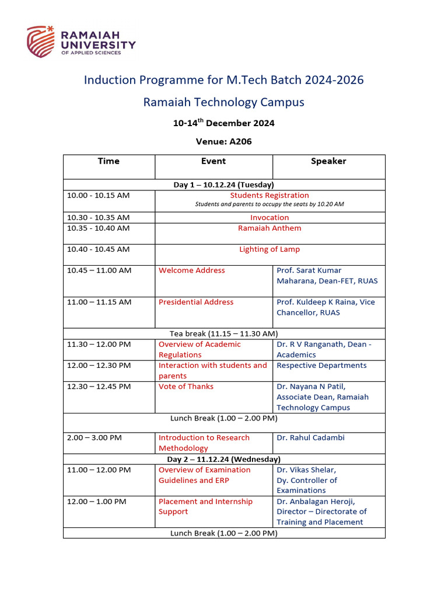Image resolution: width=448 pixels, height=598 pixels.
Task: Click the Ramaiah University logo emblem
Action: tap(41, 41)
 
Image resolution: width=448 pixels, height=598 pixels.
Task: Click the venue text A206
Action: tap(240, 141)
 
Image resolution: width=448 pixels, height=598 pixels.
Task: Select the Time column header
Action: tap(108, 161)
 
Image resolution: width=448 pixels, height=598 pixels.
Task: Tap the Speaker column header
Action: tap(328, 161)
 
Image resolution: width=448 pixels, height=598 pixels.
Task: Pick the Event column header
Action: tap(213, 161)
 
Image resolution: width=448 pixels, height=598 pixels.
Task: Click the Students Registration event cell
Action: tap(269, 196)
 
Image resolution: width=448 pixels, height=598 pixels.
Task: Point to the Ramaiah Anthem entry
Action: tap(269, 228)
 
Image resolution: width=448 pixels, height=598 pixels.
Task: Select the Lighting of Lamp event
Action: tap(269, 249)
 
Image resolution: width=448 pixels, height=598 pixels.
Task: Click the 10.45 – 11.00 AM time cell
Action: tap(99, 270)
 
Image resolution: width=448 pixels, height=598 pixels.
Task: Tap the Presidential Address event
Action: tap(196, 302)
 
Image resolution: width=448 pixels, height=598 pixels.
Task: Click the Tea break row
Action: tap(223, 333)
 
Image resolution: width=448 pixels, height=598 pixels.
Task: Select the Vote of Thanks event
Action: tap(186, 387)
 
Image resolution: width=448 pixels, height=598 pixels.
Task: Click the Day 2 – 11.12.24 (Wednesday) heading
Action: tap(223, 460)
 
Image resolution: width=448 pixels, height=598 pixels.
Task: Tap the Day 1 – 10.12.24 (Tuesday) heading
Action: tap(223, 185)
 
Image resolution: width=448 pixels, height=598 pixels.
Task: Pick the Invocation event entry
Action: tap(269, 217)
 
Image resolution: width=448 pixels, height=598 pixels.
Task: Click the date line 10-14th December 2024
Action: tap(223, 123)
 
